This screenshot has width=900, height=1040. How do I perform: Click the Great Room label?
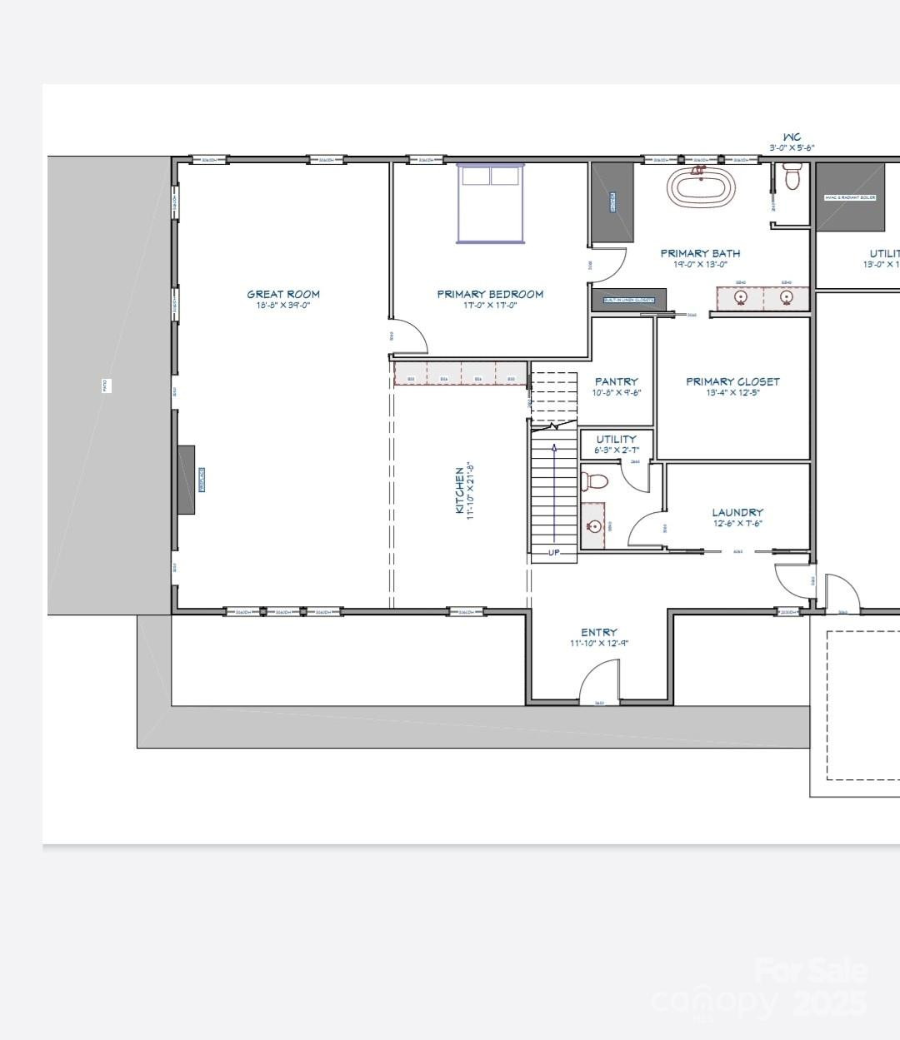click(x=282, y=294)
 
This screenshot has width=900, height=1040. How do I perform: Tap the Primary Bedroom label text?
click(x=490, y=294)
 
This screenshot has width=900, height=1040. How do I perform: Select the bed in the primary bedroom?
click(x=491, y=203)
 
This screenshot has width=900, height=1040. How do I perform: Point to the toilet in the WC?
click(x=792, y=177)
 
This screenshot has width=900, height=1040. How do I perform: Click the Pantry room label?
click(x=616, y=381)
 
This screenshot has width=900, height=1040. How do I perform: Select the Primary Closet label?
click(x=732, y=381)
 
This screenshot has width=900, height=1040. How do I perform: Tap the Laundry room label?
click(x=737, y=513)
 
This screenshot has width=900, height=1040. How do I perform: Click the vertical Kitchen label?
click(x=460, y=490)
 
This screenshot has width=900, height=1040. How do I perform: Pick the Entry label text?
click(x=599, y=632)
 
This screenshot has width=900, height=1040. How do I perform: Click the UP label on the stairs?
click(x=554, y=552)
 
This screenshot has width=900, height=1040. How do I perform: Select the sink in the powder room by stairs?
click(x=593, y=526)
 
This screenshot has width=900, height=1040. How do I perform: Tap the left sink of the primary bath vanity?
click(x=739, y=297)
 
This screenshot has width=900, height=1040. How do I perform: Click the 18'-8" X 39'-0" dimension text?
click(x=282, y=306)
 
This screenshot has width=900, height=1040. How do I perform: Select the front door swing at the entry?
click(x=598, y=687)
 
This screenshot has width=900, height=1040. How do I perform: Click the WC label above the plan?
click(x=791, y=137)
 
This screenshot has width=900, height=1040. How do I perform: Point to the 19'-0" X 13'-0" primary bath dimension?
click(x=700, y=265)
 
